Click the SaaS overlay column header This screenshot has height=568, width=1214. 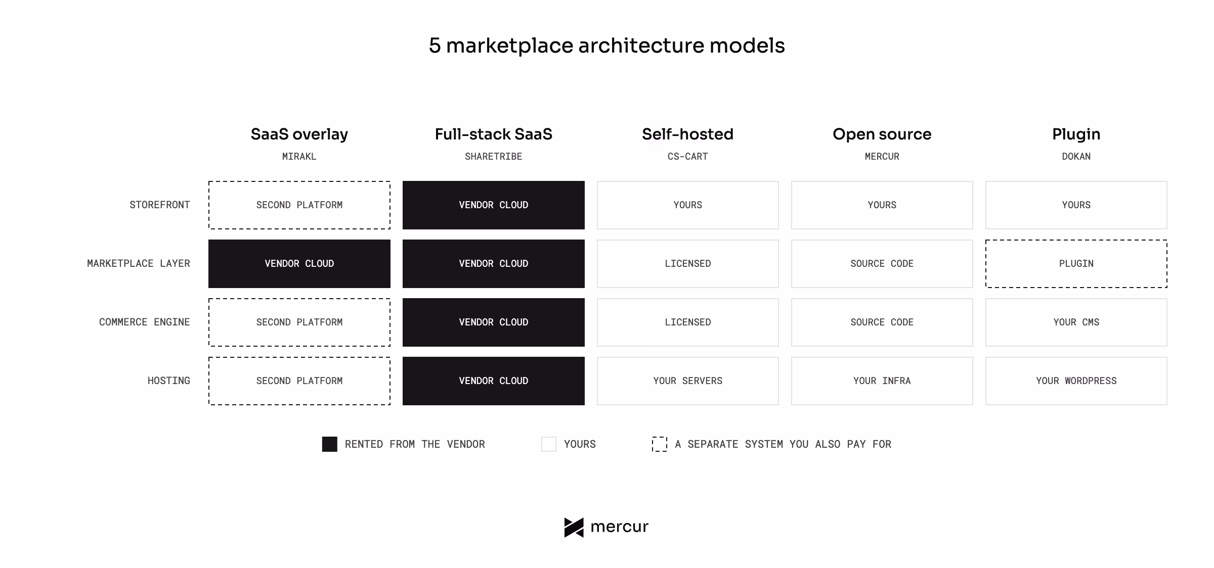click(299, 134)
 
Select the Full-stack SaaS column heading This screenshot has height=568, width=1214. click(494, 134)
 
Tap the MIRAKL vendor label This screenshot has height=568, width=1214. click(299, 157)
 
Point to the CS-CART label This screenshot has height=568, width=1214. click(688, 157)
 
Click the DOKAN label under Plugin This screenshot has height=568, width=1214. click(1076, 157)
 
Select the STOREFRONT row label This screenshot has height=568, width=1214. click(160, 205)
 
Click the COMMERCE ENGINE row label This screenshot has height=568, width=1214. click(145, 322)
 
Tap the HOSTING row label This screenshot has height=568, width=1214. click(169, 381)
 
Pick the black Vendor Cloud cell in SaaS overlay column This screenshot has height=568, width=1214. click(299, 264)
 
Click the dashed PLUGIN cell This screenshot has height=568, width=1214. click(1076, 264)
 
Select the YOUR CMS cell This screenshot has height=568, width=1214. click(1076, 322)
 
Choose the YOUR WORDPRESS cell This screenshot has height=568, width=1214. click(1076, 381)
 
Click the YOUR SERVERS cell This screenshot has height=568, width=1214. click(688, 381)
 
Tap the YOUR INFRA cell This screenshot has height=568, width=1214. click(882, 381)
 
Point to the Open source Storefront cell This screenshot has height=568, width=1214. click(882, 205)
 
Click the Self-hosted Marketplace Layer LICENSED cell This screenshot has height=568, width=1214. click(688, 264)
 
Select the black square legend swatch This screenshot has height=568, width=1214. click(330, 444)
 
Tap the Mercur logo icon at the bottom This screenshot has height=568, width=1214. click(574, 528)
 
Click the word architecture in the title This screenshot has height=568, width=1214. click(641, 45)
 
